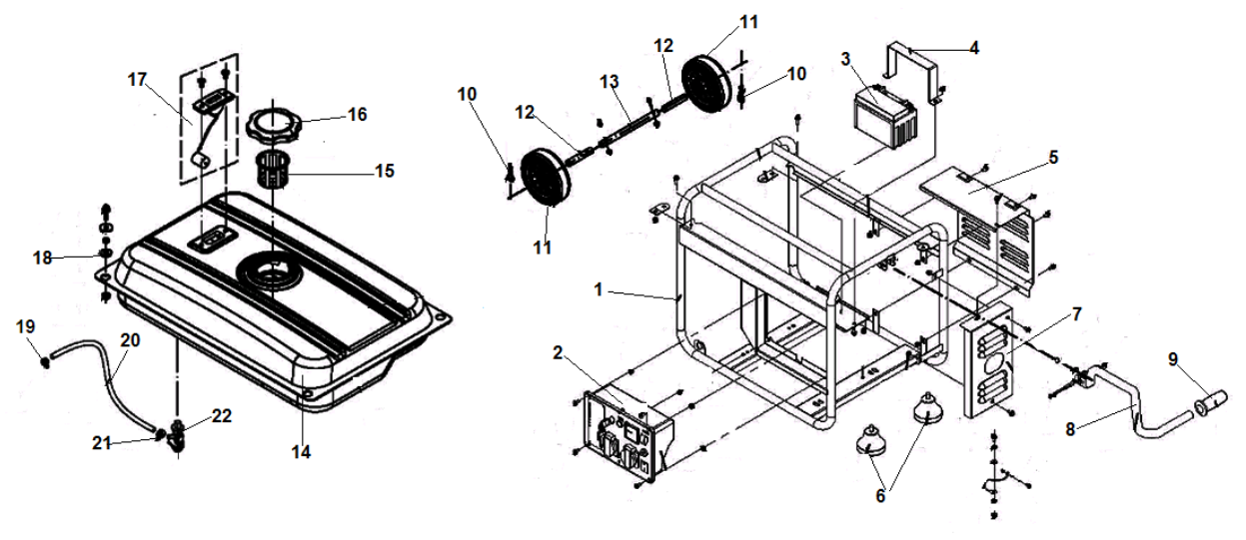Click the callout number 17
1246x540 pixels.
coord(137,77)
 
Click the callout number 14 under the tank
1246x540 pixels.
coord(301,452)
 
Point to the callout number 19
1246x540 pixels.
coord(27,326)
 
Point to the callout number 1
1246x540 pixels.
coord(597,289)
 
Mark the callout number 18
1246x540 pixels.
coord(41,258)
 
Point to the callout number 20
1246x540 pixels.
coord(130,340)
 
